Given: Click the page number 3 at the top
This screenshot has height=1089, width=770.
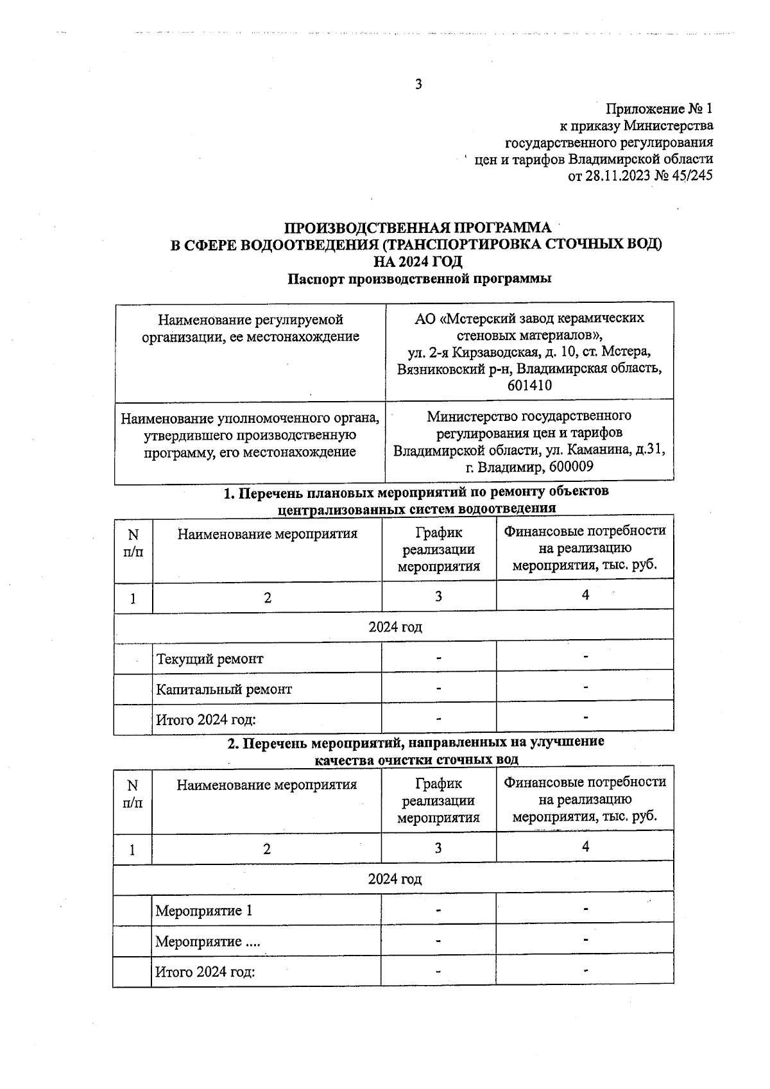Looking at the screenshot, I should coord(418,84).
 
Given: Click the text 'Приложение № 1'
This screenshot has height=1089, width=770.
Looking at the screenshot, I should coord(660,108).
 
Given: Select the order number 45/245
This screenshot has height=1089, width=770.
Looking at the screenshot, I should coord(692,176).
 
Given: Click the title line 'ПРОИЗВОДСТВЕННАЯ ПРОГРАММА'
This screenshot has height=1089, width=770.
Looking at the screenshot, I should coord(418,228).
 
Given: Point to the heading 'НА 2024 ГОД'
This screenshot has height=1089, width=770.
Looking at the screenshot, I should coord(418,262).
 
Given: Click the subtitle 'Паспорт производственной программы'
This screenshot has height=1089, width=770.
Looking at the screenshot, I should coord(420,279).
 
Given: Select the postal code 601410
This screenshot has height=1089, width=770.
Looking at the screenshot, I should coord(529,386).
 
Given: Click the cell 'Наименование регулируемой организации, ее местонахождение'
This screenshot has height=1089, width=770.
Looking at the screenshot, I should coord(250,328).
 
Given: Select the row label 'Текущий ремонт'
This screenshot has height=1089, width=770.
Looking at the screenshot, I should coord(210,659).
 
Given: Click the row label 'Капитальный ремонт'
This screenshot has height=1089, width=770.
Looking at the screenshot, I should coord(224,690).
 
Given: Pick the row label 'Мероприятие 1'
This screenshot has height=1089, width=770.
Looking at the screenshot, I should coord(204,911).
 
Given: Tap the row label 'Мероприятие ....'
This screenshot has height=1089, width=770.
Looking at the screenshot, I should coord(207,941).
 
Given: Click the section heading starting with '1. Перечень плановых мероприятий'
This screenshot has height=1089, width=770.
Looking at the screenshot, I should coord(416,492).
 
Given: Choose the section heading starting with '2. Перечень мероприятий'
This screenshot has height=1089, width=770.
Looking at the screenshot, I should coord(416,742).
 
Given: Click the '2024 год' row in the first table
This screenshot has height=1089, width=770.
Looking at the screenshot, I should coord(395,627).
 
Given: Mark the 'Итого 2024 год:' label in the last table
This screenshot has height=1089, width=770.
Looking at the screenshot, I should coord(205,972).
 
